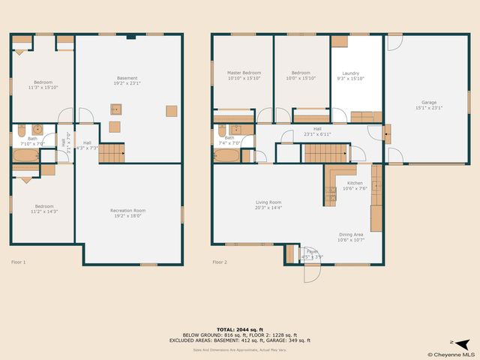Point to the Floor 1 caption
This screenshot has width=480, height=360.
[19, 262]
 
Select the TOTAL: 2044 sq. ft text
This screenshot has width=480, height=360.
[241, 329]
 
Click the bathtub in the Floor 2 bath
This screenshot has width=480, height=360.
[227, 155]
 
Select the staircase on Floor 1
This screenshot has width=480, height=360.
[111, 154]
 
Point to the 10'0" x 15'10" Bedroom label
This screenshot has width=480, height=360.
[301, 75]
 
